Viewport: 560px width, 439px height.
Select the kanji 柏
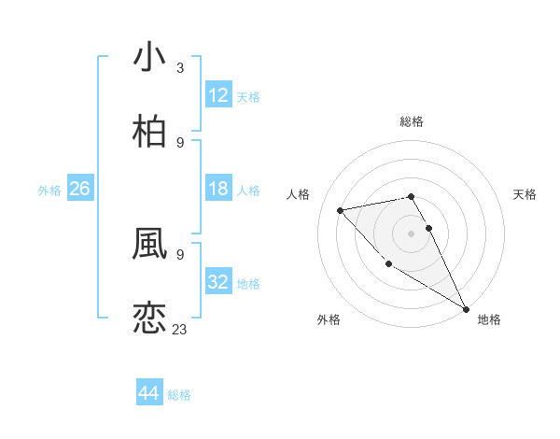click(149, 132)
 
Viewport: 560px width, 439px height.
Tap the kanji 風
click(149, 243)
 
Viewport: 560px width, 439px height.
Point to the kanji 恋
click(149, 318)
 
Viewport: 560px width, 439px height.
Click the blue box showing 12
click(218, 95)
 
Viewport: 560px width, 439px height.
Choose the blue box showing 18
click(218, 190)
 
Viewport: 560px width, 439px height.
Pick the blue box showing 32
click(218, 283)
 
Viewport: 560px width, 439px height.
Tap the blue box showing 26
click(79, 190)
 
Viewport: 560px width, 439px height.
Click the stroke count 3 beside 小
click(180, 67)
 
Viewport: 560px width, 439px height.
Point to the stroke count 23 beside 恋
click(179, 329)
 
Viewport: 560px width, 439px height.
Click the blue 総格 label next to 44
click(179, 395)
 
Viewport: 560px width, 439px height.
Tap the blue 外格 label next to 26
click(49, 191)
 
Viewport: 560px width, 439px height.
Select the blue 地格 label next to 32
click(248, 284)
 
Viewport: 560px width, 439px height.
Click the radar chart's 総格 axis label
click(411, 121)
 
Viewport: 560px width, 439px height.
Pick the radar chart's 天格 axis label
click(525, 194)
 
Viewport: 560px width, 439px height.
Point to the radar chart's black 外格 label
click(329, 319)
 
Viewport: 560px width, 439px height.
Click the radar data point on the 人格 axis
click(341, 210)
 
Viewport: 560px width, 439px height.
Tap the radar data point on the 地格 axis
click(466, 308)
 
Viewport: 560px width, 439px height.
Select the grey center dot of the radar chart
click(411, 233)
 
